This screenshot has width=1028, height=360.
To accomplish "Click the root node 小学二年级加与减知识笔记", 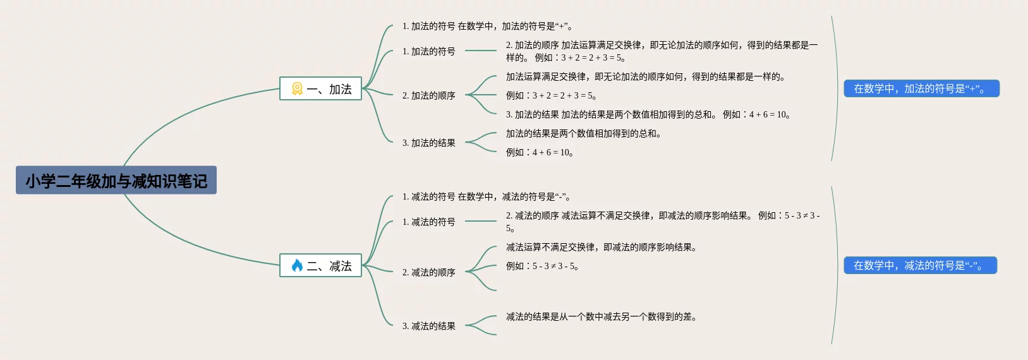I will click(116, 181).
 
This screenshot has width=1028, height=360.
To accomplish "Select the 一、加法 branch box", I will click(321, 89).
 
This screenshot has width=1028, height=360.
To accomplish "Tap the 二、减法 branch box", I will click(321, 266).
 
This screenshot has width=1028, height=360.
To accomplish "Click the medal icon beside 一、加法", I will click(297, 89).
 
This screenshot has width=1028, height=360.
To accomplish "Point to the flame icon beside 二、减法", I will click(297, 266).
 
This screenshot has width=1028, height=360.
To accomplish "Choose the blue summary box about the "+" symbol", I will click(921, 89).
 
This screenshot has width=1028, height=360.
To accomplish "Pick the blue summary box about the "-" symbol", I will click(920, 266).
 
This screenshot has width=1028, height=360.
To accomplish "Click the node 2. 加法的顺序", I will click(428, 95).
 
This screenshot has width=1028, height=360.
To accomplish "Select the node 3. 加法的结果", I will click(428, 143).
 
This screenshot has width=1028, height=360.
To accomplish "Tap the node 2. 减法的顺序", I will click(428, 272).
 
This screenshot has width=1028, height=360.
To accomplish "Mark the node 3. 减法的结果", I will click(428, 326).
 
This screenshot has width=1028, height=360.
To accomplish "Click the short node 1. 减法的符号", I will click(428, 222).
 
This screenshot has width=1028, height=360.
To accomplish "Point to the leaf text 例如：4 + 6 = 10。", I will click(540, 152).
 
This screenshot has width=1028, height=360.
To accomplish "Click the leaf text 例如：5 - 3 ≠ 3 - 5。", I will click(542, 266).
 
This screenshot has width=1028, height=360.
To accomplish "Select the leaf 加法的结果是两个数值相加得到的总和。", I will click(583, 133).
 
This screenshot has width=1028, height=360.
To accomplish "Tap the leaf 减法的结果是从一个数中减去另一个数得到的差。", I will click(601, 316).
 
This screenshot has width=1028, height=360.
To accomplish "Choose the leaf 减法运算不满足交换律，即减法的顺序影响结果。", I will click(601, 247).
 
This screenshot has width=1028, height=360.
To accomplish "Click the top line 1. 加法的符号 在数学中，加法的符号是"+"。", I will click(487, 26).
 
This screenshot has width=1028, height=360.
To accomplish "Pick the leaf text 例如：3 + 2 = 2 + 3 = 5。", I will click(551, 95).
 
